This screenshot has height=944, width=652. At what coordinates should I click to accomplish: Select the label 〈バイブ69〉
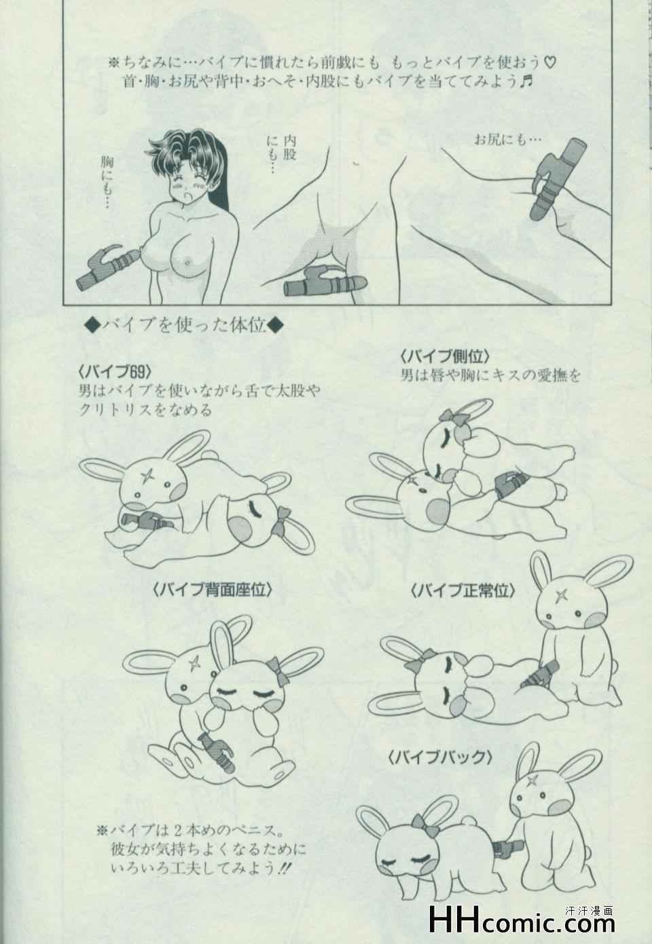click(115, 371)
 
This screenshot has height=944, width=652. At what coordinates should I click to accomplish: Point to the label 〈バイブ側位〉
click(445, 356)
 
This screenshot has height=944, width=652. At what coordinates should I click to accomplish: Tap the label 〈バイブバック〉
click(440, 769)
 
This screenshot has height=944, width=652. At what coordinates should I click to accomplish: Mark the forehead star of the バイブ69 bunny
click(148, 479)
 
